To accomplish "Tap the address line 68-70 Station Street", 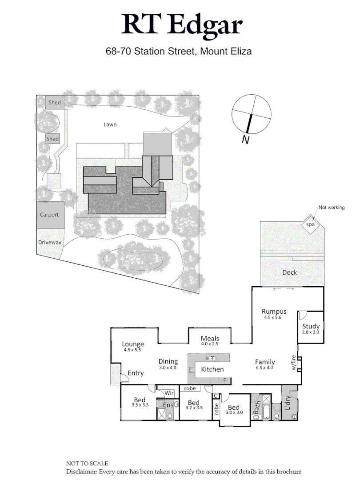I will (179, 52).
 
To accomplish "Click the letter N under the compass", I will (245, 140).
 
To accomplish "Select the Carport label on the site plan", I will (49, 215).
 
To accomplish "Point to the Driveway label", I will (49, 243).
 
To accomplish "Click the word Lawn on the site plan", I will (110, 124).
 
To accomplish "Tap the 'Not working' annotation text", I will (332, 208).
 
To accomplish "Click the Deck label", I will (290, 272).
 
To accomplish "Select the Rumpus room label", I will (274, 312).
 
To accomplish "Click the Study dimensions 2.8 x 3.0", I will (311, 332).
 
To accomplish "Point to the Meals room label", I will (210, 338).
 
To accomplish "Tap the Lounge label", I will (133, 344).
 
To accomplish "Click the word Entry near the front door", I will (136, 373).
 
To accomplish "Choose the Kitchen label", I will (212, 369).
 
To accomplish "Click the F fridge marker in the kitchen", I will (225, 380).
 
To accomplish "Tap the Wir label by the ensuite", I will (168, 393).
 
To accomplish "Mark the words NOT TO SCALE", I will (87, 463).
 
